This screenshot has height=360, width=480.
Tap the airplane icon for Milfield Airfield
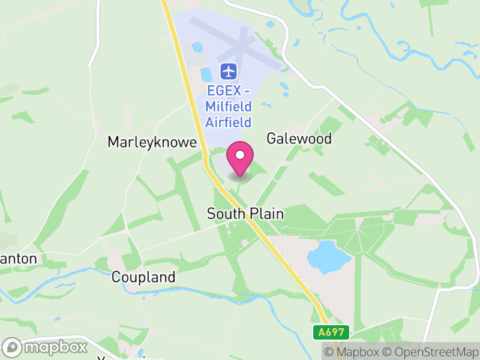pyautogui.click(x=229, y=71)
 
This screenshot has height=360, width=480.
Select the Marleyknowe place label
pyautogui.click(x=152, y=142)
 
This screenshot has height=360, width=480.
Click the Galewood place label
pyautogui.click(x=299, y=139)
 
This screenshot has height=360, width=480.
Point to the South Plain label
pyautogui.click(x=245, y=214)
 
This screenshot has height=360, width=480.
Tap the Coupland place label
pyautogui.click(x=143, y=277)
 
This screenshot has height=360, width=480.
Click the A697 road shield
pyautogui.click(x=331, y=332)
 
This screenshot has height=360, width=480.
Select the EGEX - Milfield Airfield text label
pyautogui.click(x=229, y=107)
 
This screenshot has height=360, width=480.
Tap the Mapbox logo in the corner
pyautogui.click(x=46, y=347)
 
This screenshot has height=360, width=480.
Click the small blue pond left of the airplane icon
pyautogui.click(x=206, y=75)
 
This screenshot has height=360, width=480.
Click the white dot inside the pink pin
pyautogui.click(x=240, y=155)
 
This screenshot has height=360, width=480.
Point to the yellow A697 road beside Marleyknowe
pyautogui.click(x=196, y=120)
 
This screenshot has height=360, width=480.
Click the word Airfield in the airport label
pyautogui.click(x=229, y=122)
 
